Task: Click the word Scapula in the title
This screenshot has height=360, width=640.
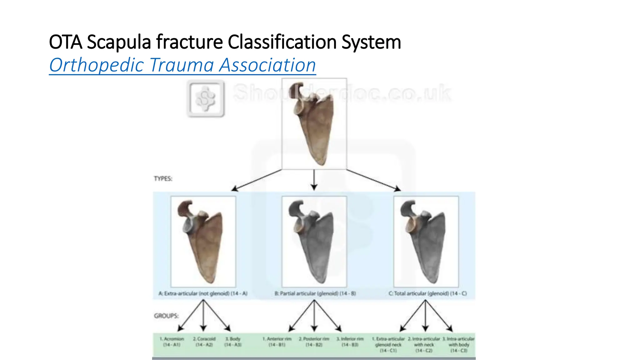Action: tap(119, 42)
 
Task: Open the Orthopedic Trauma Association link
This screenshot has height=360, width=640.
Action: tap(182, 65)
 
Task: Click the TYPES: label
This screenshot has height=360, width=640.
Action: tap(163, 179)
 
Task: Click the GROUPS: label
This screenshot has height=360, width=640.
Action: tap(166, 316)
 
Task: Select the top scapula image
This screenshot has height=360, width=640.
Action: tap(314, 124)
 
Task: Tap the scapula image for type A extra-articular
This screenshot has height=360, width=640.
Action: tap(203, 242)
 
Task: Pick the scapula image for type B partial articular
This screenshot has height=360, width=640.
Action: tap(314, 242)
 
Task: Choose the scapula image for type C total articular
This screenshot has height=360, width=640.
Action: tap(426, 242)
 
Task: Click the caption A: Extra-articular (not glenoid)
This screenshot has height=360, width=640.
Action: tap(203, 293)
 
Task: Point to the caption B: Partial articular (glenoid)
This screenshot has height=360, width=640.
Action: tap(315, 293)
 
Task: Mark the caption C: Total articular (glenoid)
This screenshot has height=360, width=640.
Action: tap(427, 293)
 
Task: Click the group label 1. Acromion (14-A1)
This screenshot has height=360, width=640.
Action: tap(172, 342)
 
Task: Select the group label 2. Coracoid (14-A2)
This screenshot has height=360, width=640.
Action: tap(204, 342)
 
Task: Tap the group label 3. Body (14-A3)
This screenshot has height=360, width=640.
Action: tap(233, 342)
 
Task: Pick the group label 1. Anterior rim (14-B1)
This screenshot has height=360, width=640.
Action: tap(277, 342)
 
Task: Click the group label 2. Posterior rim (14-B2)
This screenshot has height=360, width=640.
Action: tap(314, 342)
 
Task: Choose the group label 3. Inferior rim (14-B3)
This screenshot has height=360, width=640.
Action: tap(350, 342)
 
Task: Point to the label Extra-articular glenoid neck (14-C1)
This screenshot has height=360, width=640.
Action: tap(388, 345)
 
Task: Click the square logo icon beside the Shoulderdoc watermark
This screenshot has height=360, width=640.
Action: tap(206, 98)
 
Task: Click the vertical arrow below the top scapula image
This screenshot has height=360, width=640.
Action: tap(314, 180)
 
